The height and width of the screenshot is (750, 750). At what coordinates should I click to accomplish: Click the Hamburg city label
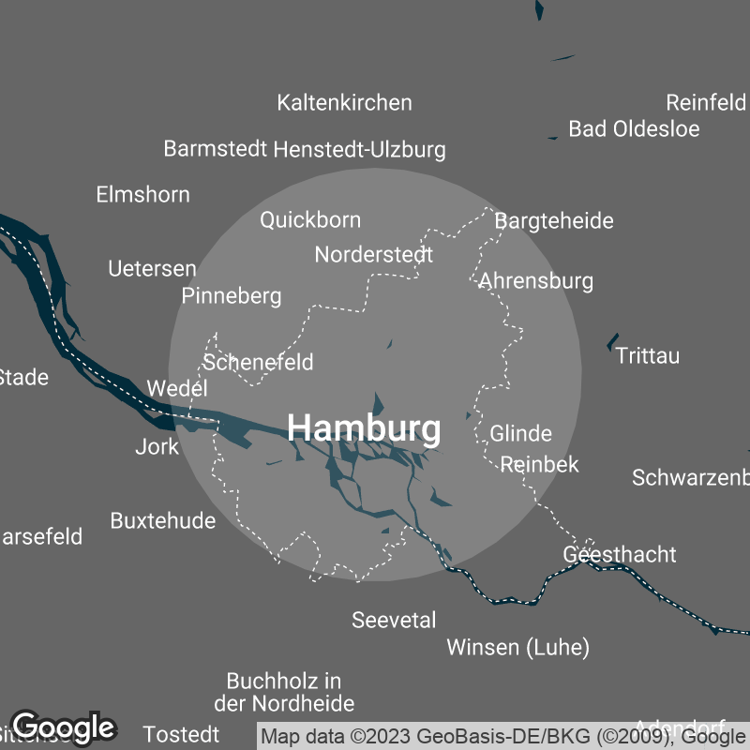click(x=364, y=428)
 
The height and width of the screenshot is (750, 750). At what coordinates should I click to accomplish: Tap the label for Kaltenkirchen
click(x=344, y=102)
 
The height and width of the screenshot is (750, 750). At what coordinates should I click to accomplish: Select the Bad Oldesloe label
click(x=634, y=129)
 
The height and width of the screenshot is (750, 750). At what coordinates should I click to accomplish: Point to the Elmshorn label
click(x=142, y=195)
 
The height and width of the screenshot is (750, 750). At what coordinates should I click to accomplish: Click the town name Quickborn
click(x=309, y=220)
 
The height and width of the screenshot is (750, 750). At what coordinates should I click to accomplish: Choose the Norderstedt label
click(x=373, y=254)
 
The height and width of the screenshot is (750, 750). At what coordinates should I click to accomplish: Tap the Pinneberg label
click(x=232, y=296)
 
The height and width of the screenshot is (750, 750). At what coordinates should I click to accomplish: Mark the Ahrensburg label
click(x=535, y=280)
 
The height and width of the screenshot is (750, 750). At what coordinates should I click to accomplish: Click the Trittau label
click(x=648, y=356)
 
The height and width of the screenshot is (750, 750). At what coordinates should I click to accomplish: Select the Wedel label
click(x=176, y=388)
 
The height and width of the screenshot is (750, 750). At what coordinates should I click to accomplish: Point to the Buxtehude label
click(x=162, y=520)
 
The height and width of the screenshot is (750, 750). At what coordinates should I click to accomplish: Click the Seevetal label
click(x=394, y=620)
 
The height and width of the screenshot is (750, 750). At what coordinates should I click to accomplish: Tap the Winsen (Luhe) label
click(x=517, y=647)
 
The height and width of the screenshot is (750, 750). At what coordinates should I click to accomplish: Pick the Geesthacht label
click(x=619, y=554)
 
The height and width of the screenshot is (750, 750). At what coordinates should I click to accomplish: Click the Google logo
click(x=63, y=727)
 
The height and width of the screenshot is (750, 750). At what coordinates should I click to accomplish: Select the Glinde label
click(x=520, y=434)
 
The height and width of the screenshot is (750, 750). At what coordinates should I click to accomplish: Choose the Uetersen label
click(x=152, y=269)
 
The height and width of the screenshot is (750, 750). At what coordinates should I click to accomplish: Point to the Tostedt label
click(x=182, y=733)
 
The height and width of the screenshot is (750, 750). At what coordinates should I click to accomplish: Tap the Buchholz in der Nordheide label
click(x=284, y=692)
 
